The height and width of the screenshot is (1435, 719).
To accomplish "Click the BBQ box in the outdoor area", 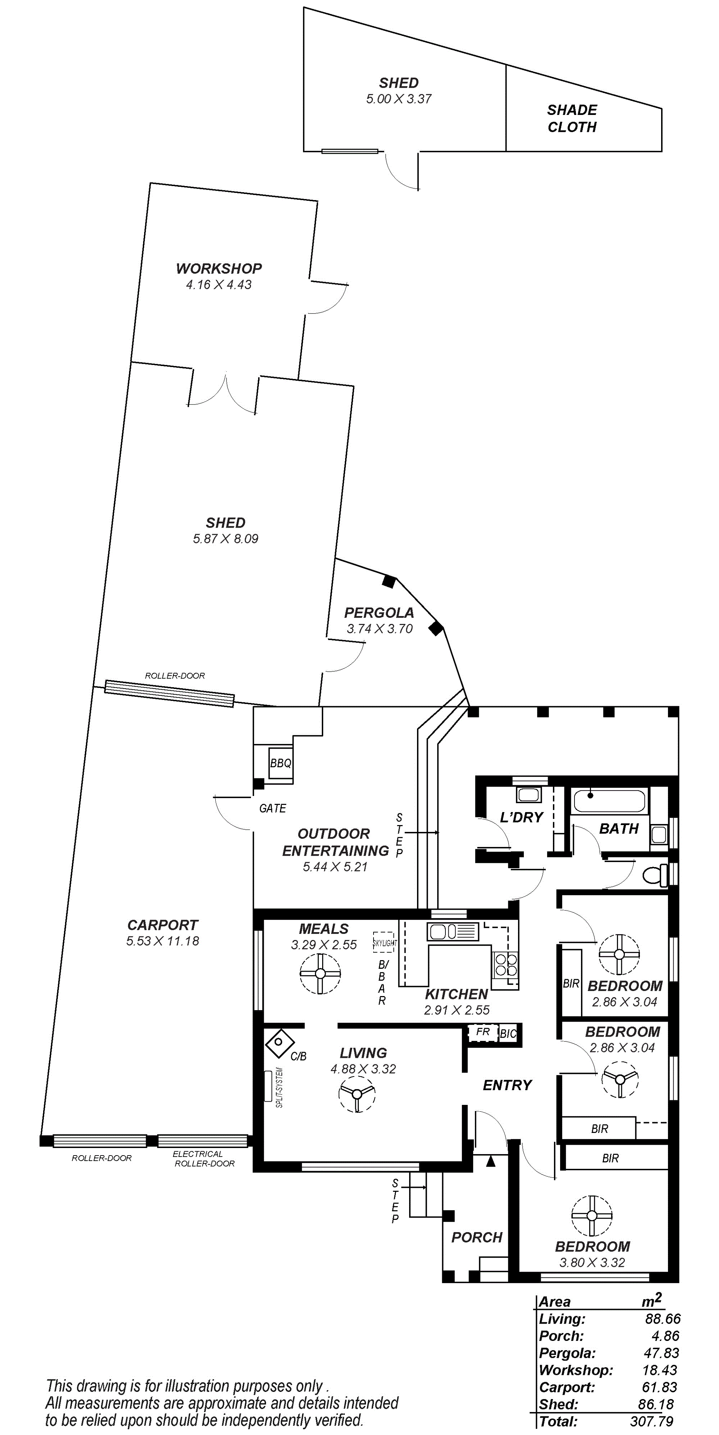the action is [280, 763].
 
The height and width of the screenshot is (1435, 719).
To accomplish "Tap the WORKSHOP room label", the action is [219, 269].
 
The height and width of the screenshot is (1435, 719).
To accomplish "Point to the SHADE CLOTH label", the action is [572, 119].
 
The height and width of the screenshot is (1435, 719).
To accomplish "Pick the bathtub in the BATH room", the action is [609, 802].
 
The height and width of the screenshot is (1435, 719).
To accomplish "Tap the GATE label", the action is [273, 808].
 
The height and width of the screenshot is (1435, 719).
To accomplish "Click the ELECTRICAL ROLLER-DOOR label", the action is [204, 1159].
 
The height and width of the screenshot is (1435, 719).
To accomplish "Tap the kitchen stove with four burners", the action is [505, 964].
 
